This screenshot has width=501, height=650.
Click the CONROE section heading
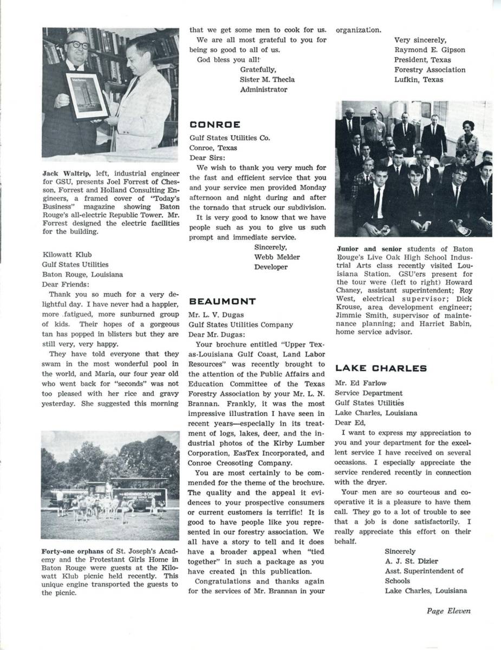(x=214, y=125)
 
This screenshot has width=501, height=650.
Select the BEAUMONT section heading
(x=223, y=301)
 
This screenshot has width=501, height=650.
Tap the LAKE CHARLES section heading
(x=381, y=368)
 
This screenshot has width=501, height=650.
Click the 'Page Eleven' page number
(x=448, y=611)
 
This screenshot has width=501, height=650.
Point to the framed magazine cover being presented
(x=87, y=95)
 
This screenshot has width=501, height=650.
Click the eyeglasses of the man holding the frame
(x=77, y=44)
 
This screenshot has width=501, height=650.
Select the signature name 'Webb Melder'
(x=277, y=257)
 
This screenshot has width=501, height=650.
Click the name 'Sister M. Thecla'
(x=267, y=79)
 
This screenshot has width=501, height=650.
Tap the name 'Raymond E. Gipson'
(x=430, y=50)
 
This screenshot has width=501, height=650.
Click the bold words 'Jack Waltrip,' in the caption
(x=65, y=173)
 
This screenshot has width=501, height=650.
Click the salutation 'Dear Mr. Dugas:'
(x=217, y=334)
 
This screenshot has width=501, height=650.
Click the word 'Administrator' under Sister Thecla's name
(x=264, y=89)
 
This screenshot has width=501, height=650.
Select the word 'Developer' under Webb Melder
(x=271, y=266)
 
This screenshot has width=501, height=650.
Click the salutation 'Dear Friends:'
(x=66, y=284)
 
